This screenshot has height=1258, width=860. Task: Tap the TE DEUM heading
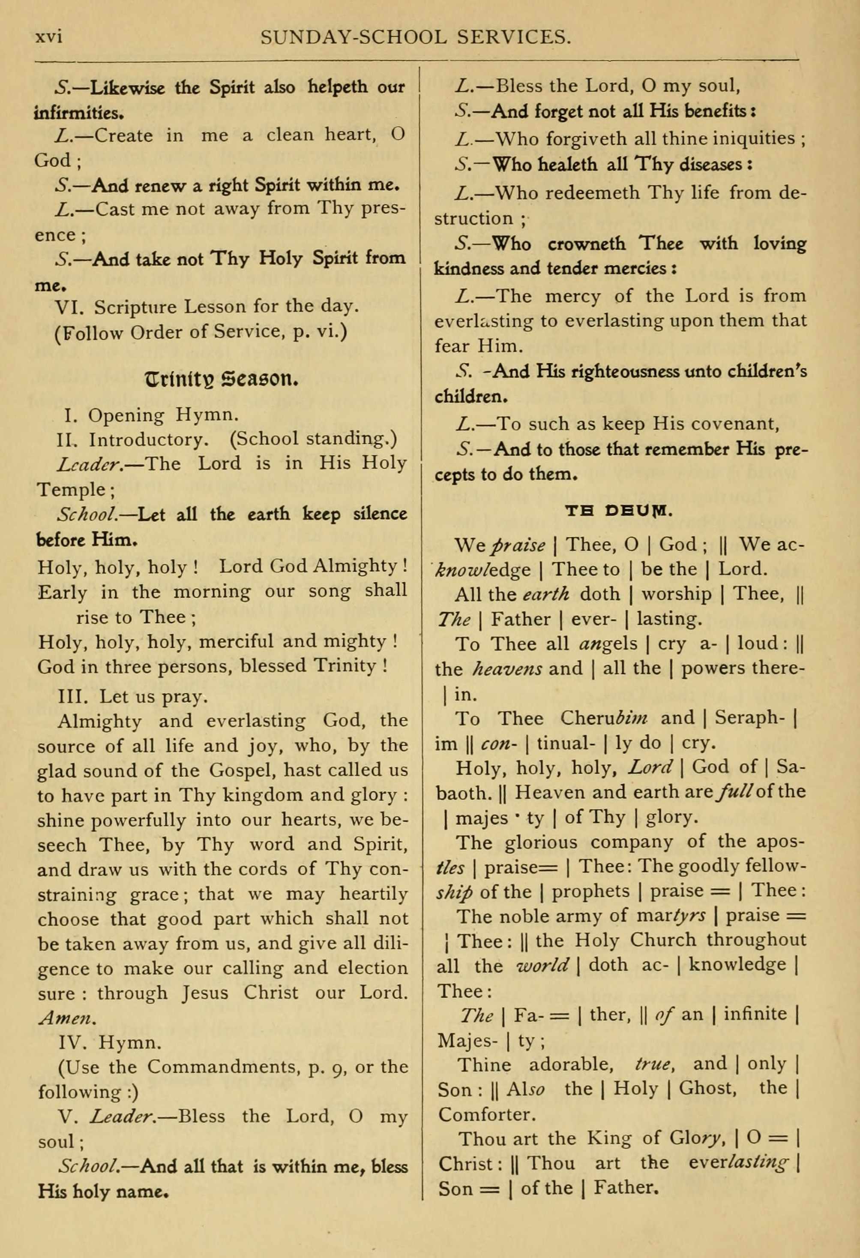tap(618, 511)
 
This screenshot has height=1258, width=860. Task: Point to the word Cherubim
tap(604, 718)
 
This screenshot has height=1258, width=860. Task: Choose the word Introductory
tap(148, 439)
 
